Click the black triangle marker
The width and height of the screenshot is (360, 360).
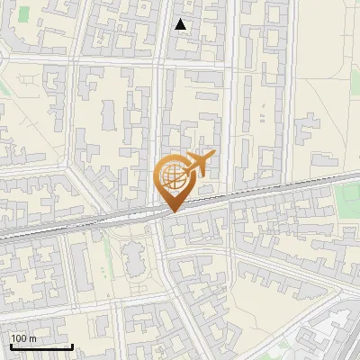tap(182, 24)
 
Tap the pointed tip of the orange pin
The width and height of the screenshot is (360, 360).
tap(174, 211)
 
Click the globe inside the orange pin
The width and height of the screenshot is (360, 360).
tap(173, 176)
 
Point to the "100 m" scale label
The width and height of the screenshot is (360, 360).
tap(23, 338)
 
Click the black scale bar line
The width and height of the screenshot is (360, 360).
tap(40, 346)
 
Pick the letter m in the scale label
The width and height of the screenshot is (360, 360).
tap(32, 338)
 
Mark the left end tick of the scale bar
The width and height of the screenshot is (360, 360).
tap(9, 345)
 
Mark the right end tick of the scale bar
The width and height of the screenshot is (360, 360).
tap(72, 345)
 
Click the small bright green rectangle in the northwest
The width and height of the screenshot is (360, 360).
tap(23, 13)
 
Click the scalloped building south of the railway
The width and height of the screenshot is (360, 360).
tap(135, 261)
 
